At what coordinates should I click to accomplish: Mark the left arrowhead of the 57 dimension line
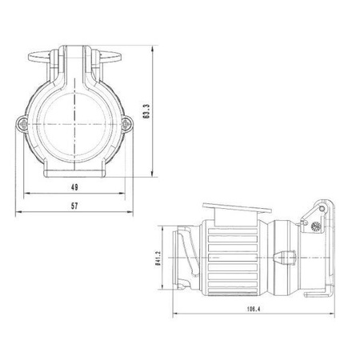[18, 212]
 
